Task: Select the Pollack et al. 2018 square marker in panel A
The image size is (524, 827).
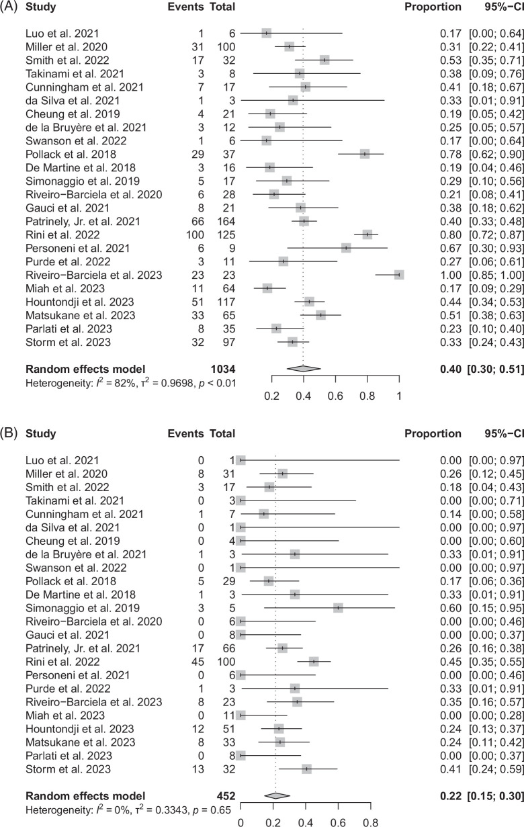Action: pyautogui.click(x=365, y=154)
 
